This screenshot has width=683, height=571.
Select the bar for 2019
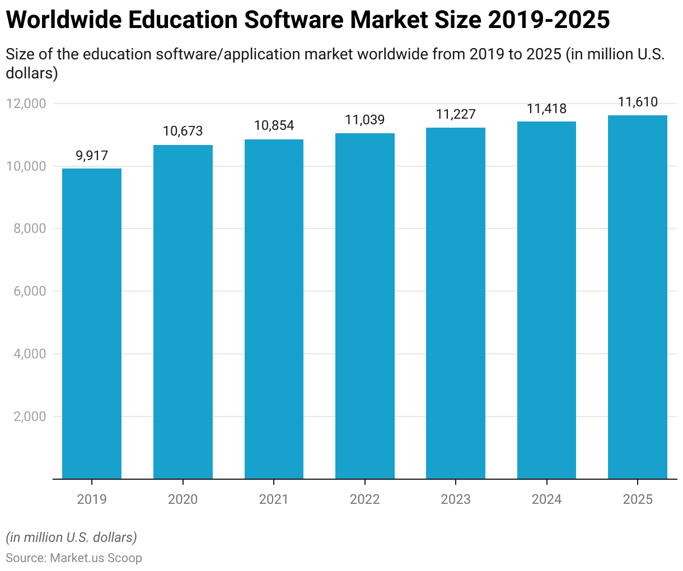[x=92, y=324]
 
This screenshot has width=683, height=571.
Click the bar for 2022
[x=364, y=306]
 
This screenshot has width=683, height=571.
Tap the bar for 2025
[x=638, y=297]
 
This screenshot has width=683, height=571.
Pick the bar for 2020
[x=183, y=312]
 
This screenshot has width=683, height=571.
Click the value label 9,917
[x=92, y=156]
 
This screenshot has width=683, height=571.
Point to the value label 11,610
[x=638, y=102]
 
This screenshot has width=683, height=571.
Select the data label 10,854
[x=274, y=126]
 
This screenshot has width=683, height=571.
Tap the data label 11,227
[x=456, y=115]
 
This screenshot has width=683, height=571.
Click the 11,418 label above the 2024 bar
[x=546, y=109]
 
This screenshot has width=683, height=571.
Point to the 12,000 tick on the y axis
[x=26, y=104]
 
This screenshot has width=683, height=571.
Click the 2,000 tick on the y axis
[x=29, y=416]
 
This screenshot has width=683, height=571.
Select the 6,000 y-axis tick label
[x=29, y=292]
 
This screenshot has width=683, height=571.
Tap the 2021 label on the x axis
[x=274, y=499]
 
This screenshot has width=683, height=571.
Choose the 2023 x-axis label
[x=456, y=499]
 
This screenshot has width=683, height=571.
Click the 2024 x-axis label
[x=546, y=499]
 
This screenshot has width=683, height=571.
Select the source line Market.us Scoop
[x=74, y=558]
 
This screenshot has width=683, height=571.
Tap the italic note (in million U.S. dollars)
[x=72, y=537]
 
